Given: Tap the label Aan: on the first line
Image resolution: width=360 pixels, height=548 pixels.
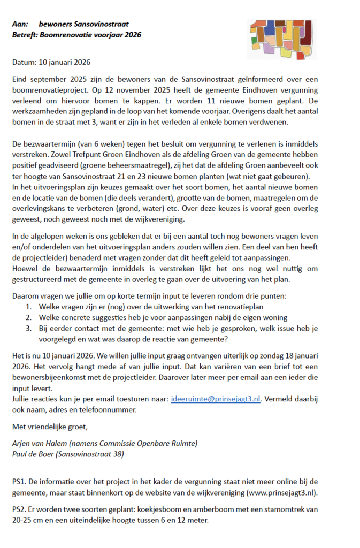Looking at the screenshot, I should (20, 25).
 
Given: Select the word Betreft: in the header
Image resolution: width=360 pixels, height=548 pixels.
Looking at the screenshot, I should (26, 35).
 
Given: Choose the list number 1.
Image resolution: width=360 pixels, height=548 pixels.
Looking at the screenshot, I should (28, 307).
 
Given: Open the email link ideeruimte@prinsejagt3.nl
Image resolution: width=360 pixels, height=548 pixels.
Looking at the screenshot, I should (216, 399).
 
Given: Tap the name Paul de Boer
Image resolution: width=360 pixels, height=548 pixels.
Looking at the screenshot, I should (33, 454).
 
